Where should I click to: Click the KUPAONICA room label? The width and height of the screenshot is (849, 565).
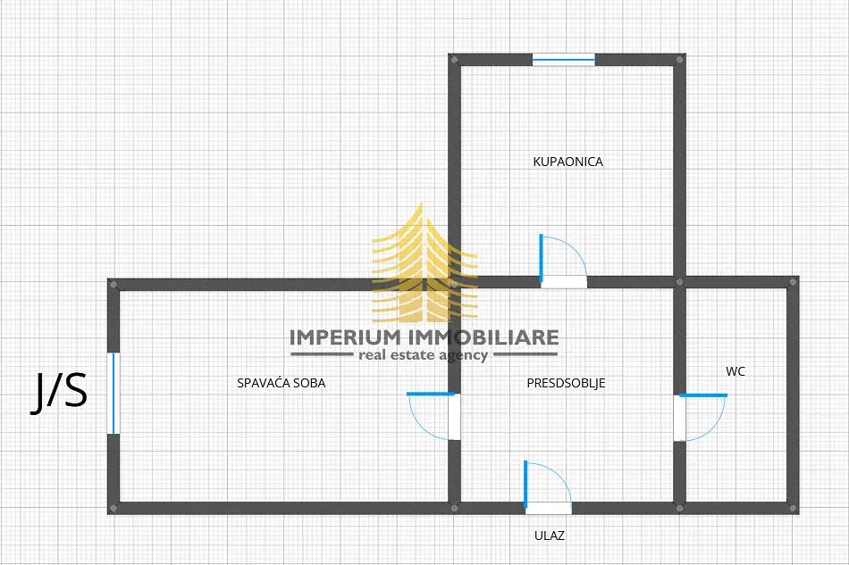(x=568, y=162)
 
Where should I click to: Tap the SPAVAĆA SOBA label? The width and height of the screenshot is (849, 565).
(x=281, y=383)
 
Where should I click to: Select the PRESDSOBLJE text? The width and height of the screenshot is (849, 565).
(x=566, y=383)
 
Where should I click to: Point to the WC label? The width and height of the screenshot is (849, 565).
(x=736, y=371)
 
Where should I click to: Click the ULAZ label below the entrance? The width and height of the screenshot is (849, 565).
(x=550, y=536)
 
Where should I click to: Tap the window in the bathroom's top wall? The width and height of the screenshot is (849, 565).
(x=564, y=60)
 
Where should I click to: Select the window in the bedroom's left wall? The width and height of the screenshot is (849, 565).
(x=113, y=393)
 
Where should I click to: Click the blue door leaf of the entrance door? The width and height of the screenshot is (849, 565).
(x=525, y=485)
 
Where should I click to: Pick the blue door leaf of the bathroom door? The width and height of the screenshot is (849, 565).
(x=541, y=258)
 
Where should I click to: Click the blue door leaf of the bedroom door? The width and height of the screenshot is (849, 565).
(x=431, y=395)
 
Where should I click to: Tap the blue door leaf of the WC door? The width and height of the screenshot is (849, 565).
(x=703, y=395)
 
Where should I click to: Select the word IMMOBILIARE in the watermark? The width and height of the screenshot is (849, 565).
(x=483, y=337)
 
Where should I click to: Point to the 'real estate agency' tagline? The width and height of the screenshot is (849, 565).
(x=424, y=355)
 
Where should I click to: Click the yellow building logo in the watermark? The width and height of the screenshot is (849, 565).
(x=424, y=262)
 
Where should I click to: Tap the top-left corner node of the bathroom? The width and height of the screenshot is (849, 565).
(x=454, y=60)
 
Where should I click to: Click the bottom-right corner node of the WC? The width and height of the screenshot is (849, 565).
(x=794, y=508)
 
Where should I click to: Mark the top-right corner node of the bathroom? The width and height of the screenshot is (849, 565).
(x=680, y=60)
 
